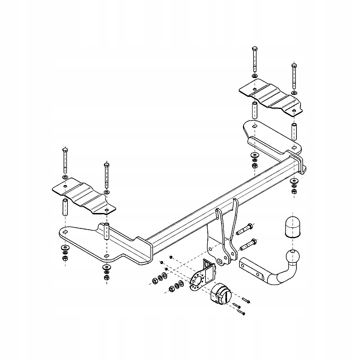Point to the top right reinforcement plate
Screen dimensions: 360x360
tap(270, 96)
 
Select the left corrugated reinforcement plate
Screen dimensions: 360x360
tap(84, 196)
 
